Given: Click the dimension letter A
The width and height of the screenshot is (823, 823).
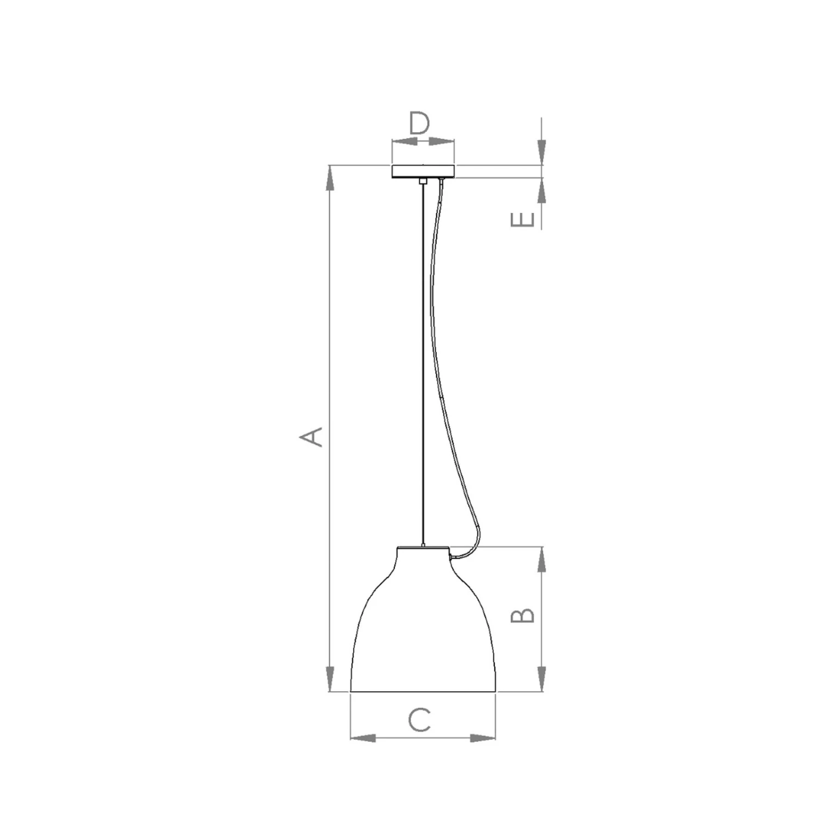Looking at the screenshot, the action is pyautogui.click(x=311, y=437).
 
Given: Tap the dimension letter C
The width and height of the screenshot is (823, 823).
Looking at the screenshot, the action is pyautogui.click(x=420, y=720).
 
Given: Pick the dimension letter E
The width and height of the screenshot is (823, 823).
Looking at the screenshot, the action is pyautogui.click(x=522, y=219).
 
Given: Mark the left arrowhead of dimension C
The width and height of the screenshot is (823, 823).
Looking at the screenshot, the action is pyautogui.click(x=363, y=738).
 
